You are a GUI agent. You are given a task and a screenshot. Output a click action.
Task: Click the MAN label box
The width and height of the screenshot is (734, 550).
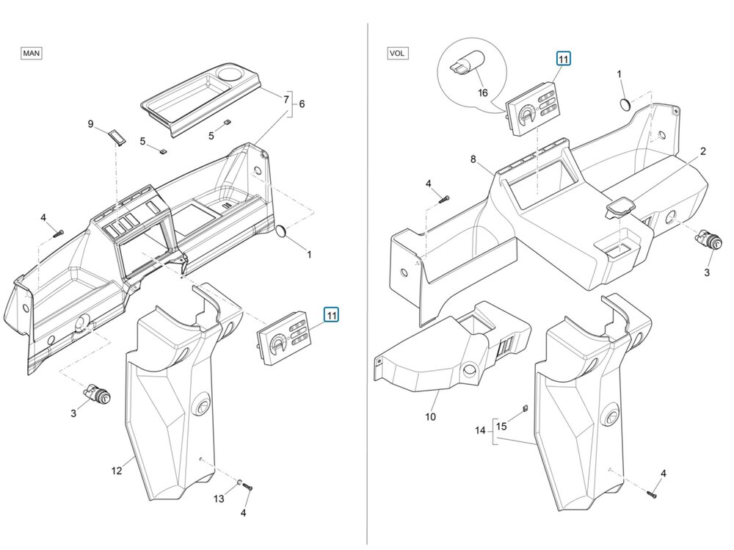[32, 53]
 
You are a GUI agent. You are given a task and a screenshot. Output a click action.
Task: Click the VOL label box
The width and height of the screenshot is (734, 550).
[397, 53]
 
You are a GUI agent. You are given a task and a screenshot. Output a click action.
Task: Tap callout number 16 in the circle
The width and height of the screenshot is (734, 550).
[483, 93]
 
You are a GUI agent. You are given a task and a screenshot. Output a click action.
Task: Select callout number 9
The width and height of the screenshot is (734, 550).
[91, 124]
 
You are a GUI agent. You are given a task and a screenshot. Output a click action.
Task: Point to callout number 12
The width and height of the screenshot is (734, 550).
[117, 471]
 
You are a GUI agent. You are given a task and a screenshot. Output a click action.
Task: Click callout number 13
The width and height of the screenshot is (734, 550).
[219, 499]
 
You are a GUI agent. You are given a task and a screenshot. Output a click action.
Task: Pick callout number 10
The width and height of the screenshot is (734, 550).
[430, 416]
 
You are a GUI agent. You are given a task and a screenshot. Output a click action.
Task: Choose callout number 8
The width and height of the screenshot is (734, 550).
[473, 159]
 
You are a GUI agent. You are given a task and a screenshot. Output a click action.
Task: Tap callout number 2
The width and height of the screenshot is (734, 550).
[702, 151]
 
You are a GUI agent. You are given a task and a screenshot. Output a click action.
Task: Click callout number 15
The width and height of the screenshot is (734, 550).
[501, 427]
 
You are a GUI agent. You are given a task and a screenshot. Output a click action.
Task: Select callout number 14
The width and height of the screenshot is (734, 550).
[480, 430]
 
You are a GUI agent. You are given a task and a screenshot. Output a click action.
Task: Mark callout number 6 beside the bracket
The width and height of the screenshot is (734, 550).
[302, 104]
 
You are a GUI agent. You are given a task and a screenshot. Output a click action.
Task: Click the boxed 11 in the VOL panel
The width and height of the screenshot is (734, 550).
[563, 59]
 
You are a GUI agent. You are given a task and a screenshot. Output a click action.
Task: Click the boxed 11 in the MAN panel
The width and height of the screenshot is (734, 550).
[332, 315]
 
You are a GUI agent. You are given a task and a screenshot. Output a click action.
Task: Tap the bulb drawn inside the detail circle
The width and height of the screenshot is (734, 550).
[467, 64]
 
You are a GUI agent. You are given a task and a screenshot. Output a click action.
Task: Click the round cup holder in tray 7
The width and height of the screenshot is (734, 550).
[229, 73]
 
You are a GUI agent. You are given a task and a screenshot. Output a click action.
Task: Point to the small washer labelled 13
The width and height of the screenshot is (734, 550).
[239, 482]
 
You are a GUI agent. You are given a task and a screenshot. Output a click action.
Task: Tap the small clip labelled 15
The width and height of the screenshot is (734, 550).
[525, 408]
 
